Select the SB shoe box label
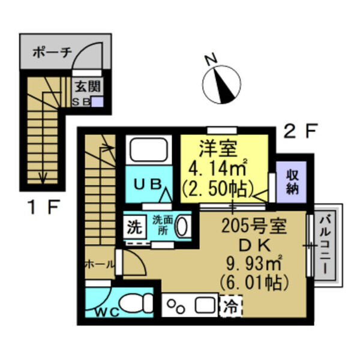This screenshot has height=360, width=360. (82, 101)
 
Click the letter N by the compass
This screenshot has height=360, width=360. (209, 59)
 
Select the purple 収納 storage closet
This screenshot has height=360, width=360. (292, 182)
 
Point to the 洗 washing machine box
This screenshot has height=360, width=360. (134, 227)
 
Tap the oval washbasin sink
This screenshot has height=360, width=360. (184, 227)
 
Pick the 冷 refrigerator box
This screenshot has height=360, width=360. (231, 307)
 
